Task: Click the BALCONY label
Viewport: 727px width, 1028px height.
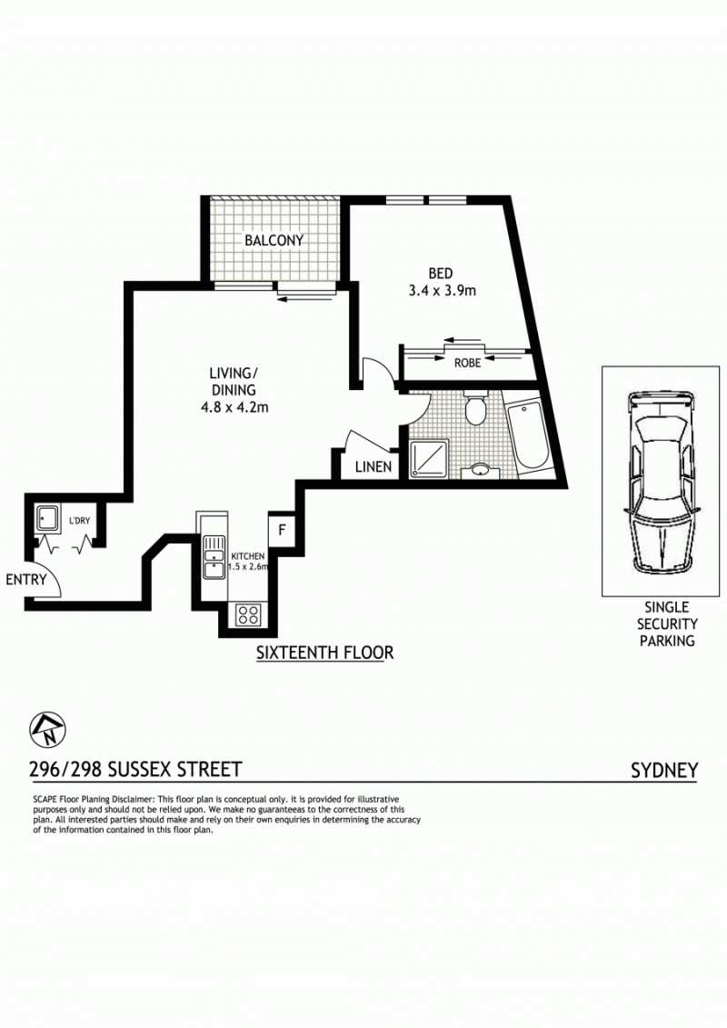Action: [274, 240]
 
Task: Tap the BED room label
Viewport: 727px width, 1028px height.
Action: [441, 273]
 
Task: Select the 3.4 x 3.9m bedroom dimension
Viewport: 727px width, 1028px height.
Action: [442, 291]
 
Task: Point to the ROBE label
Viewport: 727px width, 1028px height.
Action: [467, 363]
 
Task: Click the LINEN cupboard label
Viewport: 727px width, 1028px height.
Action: [373, 467]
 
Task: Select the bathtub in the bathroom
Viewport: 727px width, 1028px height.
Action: [529, 435]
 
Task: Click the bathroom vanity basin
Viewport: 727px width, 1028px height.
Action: [480, 470]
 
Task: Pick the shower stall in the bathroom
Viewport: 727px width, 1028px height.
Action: [429, 458]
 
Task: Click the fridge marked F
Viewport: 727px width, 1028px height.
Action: [282, 529]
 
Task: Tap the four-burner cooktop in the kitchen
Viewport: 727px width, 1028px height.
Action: [248, 615]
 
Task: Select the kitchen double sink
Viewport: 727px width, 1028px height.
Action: [213, 557]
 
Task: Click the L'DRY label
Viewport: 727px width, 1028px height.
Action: [79, 521]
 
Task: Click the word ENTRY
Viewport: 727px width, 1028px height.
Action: [26, 580]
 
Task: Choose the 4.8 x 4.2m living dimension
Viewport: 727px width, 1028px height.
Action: [234, 407]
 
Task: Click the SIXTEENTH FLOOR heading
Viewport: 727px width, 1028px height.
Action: [324, 653]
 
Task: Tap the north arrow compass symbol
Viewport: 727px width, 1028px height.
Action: [48, 730]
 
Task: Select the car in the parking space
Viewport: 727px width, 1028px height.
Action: [660, 483]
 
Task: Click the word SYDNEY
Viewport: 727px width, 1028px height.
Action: [664, 771]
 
